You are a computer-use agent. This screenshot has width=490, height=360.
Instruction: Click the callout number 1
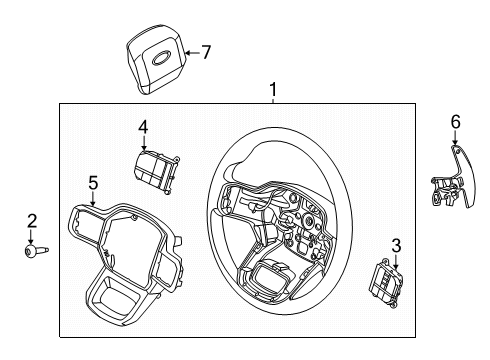click(x=272, y=91)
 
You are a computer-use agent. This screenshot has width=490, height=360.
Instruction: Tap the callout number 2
click(x=31, y=221)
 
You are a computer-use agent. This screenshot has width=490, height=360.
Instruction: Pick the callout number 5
click(x=93, y=183)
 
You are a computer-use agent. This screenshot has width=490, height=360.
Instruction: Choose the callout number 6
click(x=455, y=122)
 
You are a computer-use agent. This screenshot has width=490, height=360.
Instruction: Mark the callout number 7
click(x=206, y=53)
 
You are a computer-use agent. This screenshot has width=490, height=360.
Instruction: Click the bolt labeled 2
click(x=32, y=252)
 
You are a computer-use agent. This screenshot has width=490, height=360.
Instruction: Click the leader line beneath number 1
click(x=272, y=101)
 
